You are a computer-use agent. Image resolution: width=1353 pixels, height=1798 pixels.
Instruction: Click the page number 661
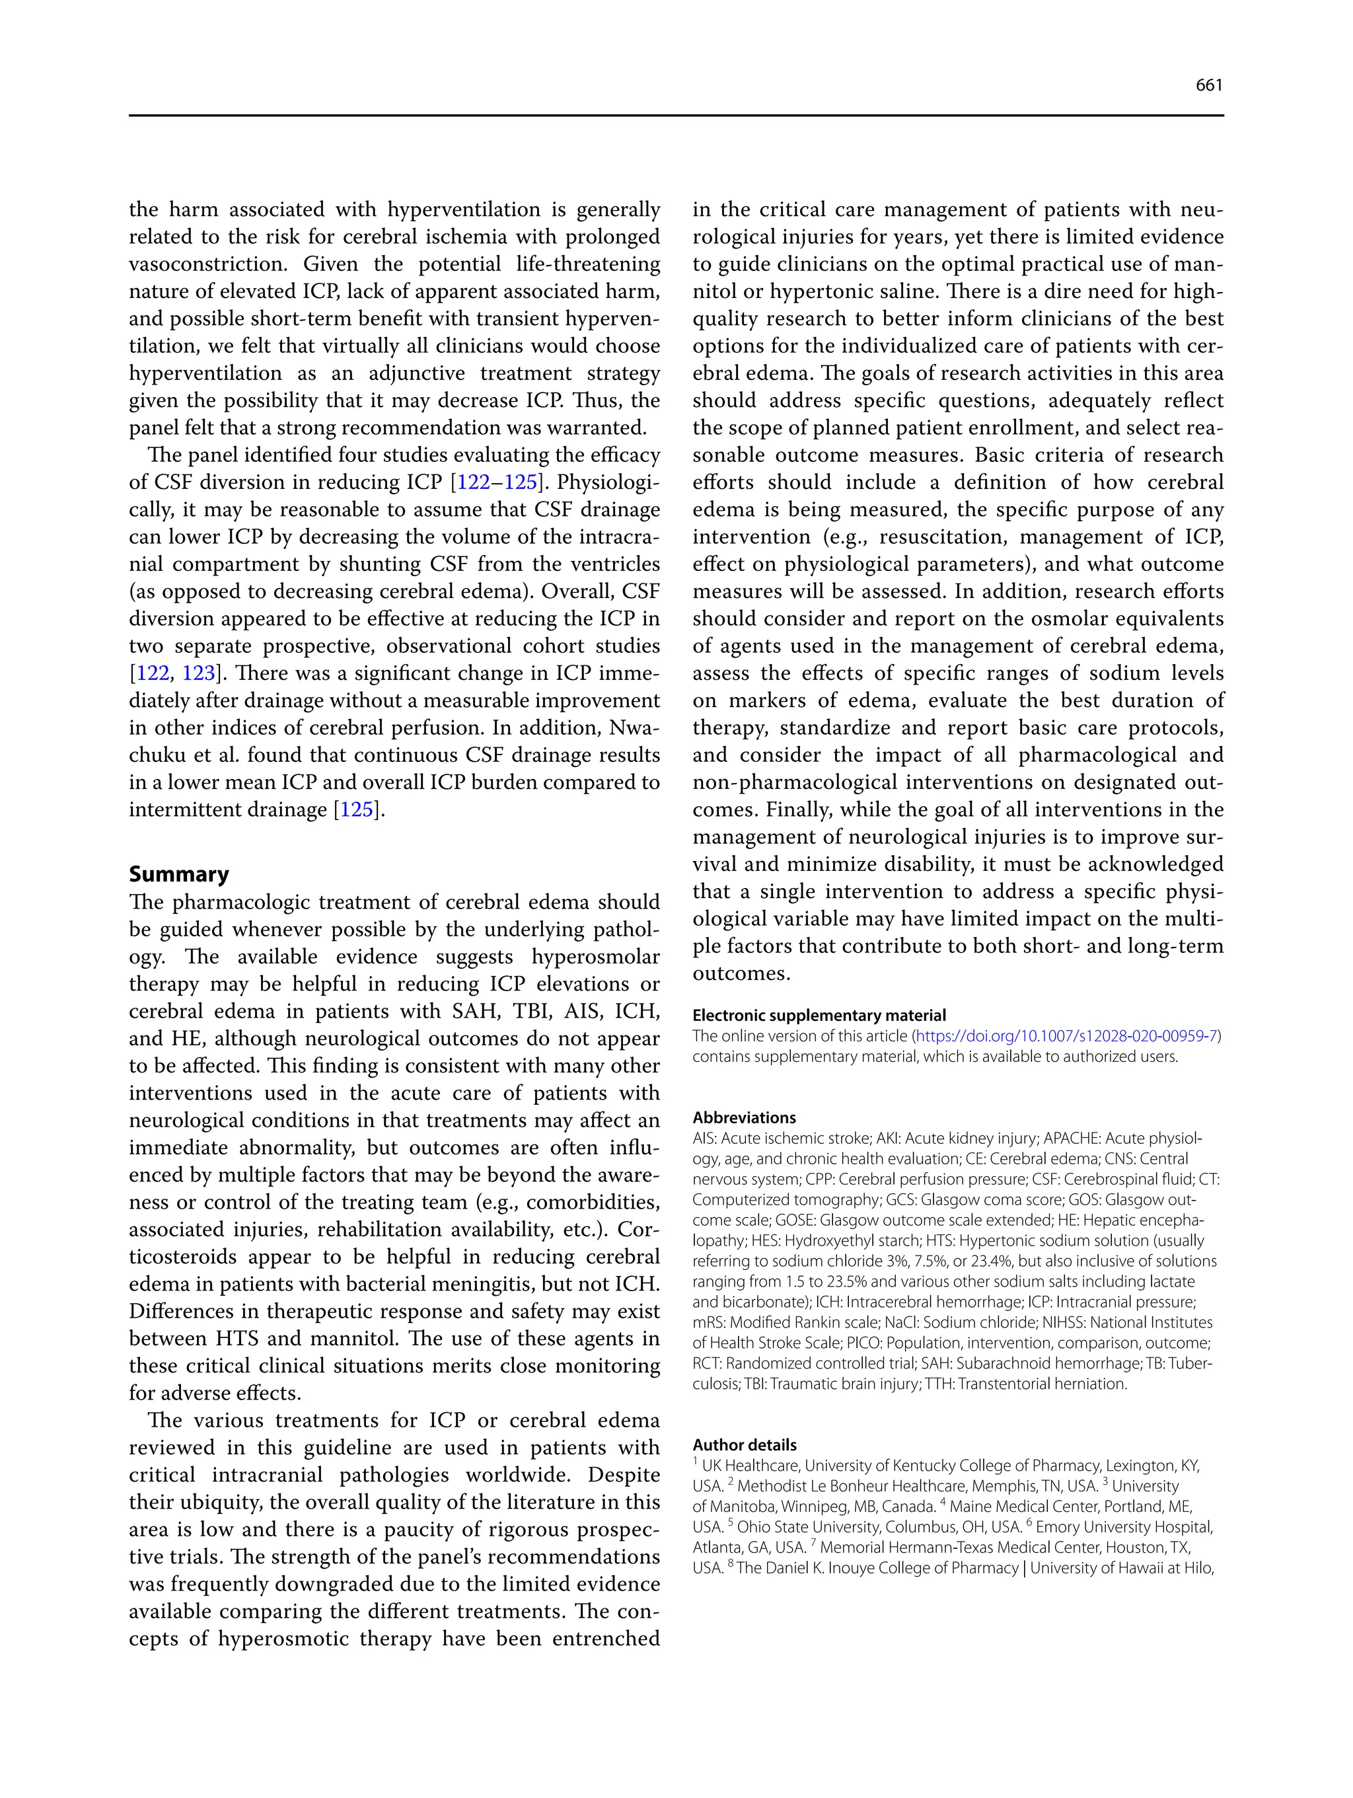point(1208,85)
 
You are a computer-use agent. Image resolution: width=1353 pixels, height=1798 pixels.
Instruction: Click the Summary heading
point(179,875)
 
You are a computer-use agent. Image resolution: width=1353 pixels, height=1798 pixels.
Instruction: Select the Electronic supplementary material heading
point(819,1015)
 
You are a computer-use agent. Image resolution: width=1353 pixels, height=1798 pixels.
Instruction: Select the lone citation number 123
point(198,674)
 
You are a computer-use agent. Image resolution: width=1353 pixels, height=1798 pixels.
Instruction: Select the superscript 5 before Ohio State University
point(730,1522)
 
